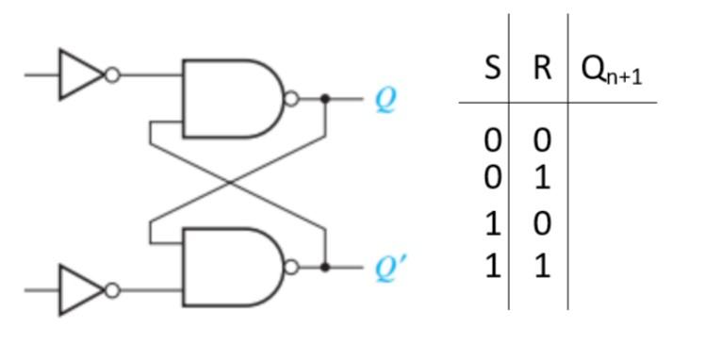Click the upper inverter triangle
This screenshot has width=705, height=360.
79,74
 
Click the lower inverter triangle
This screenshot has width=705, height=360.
79,290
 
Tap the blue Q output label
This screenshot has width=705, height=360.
385,99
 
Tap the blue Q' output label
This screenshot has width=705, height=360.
389,269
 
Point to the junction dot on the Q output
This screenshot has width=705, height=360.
325,98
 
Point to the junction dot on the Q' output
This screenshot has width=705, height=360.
325,268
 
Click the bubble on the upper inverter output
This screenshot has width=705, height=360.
112,74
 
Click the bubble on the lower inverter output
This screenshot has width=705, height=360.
112,290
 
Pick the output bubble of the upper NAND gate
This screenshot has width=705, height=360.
291,98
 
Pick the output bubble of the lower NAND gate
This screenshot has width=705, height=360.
291,268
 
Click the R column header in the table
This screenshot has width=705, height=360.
541,68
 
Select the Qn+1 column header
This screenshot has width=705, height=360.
612,70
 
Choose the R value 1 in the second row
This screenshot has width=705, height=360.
541,177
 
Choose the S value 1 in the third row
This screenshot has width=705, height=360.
492,223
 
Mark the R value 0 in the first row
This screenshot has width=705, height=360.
541,140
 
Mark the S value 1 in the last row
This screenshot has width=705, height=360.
492,267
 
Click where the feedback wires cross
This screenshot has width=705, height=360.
236,183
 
